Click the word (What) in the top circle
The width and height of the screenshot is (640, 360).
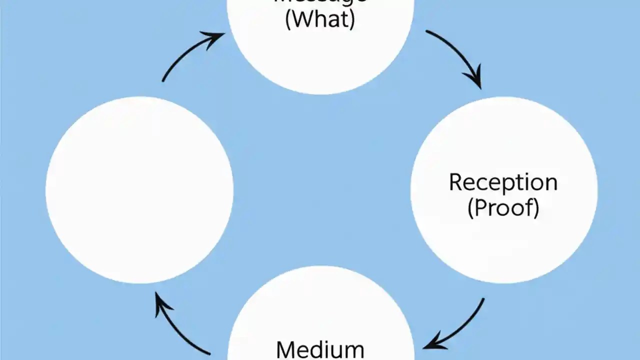pos(320,20)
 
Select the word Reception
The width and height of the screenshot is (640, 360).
pos(503,182)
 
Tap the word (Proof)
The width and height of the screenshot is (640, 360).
pos(503,207)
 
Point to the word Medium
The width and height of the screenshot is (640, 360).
pos(320,348)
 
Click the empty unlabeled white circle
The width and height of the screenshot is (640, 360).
pos(139,190)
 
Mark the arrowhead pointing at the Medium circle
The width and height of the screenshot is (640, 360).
pos(432,344)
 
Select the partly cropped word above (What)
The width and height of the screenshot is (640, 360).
pos(320,1)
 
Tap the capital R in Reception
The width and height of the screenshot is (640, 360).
pos(455,182)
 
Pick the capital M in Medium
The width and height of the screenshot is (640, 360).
pos(286,349)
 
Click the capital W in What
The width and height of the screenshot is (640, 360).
pos(302,20)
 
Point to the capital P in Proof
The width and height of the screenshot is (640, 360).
pos(481,207)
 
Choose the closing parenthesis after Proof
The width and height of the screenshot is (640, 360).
pos(536,208)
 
